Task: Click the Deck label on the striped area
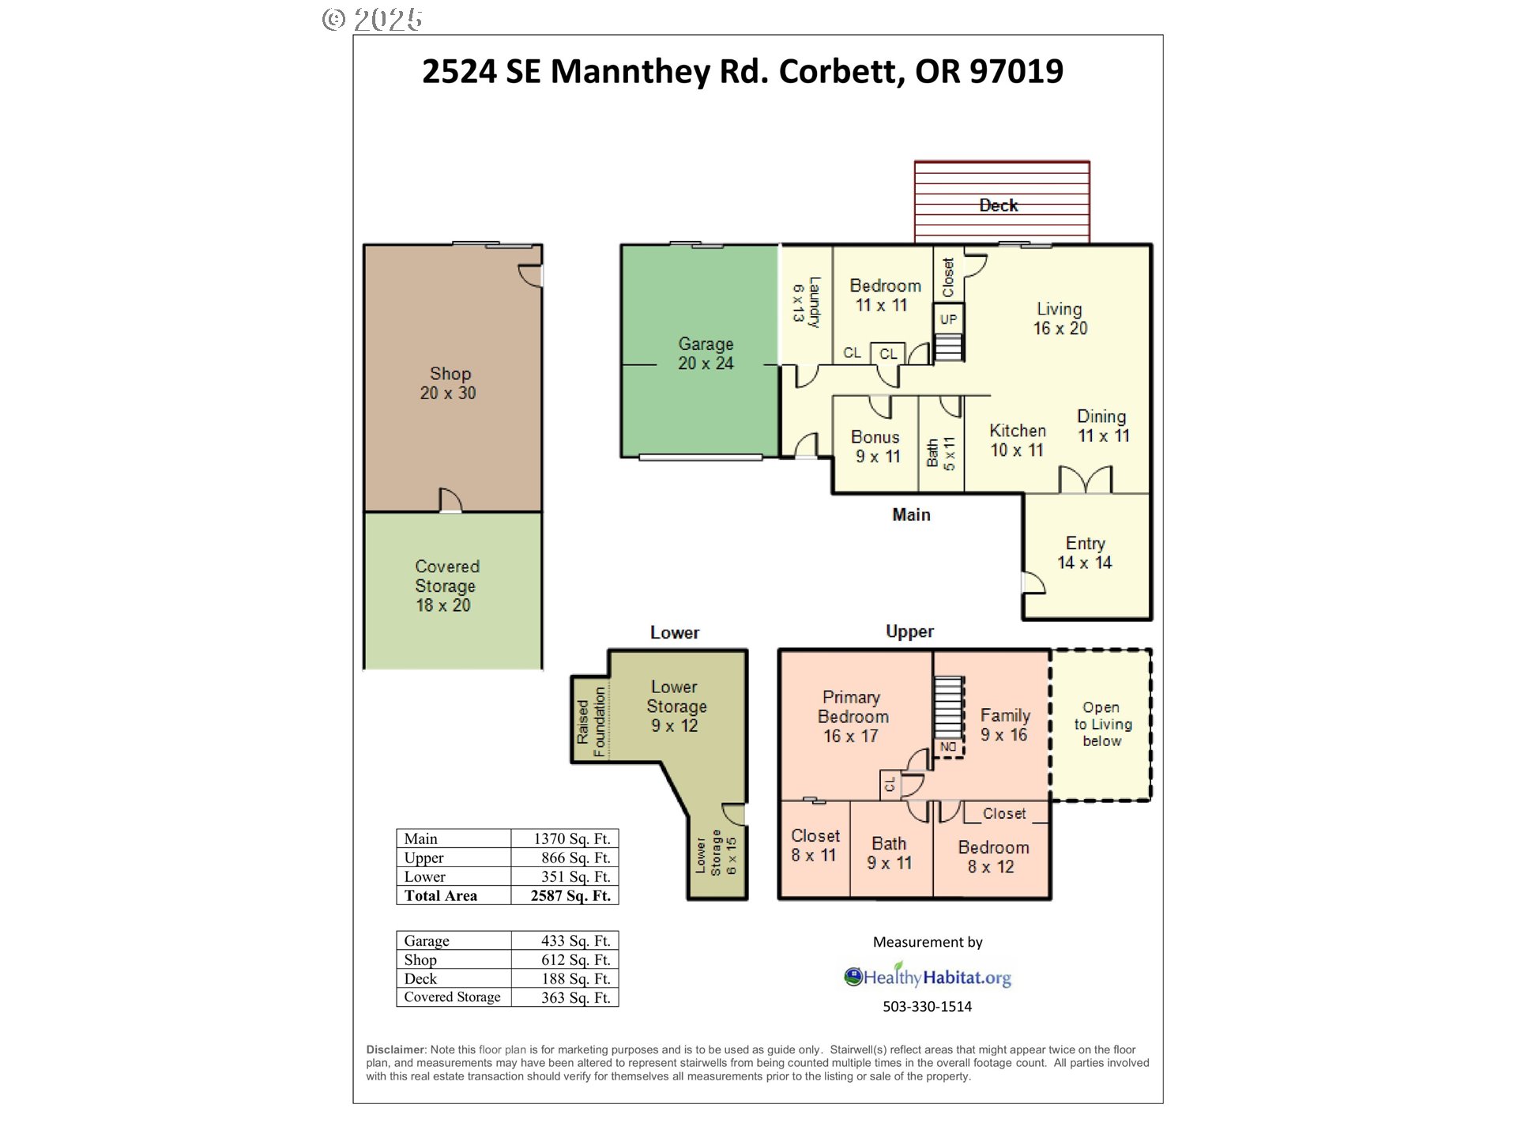click(998, 205)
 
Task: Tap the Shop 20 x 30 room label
click(449, 383)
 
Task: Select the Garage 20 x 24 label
click(706, 354)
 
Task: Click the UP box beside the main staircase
click(948, 319)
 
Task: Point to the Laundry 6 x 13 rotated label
click(807, 302)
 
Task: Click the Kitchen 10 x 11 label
click(1018, 440)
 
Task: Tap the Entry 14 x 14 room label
click(1085, 553)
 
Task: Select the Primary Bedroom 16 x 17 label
click(852, 716)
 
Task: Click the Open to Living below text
click(1101, 724)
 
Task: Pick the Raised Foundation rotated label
click(591, 721)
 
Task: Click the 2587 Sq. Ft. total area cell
click(570, 895)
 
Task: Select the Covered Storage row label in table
click(452, 997)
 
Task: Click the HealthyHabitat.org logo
click(928, 977)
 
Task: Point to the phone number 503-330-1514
click(927, 1007)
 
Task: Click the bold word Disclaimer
click(396, 1049)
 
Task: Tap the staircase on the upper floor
click(948, 707)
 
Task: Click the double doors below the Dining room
click(1085, 480)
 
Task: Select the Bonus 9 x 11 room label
click(876, 447)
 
